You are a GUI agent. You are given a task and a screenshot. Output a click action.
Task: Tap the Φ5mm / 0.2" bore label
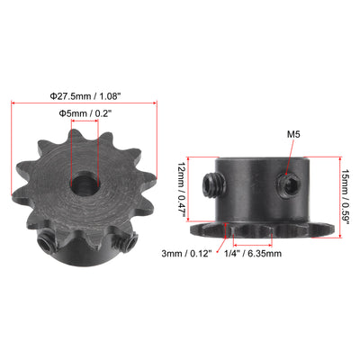(85, 113)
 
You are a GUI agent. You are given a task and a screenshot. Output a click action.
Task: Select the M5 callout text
(293, 134)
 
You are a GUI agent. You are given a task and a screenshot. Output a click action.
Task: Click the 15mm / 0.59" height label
(346, 197)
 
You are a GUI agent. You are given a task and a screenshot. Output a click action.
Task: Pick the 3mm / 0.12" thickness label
(186, 254)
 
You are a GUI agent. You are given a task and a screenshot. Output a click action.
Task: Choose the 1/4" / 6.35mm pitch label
(253, 254)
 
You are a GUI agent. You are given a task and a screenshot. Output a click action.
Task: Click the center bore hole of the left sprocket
(85, 183)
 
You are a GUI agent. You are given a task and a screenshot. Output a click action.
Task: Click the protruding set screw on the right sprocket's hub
(214, 185)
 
